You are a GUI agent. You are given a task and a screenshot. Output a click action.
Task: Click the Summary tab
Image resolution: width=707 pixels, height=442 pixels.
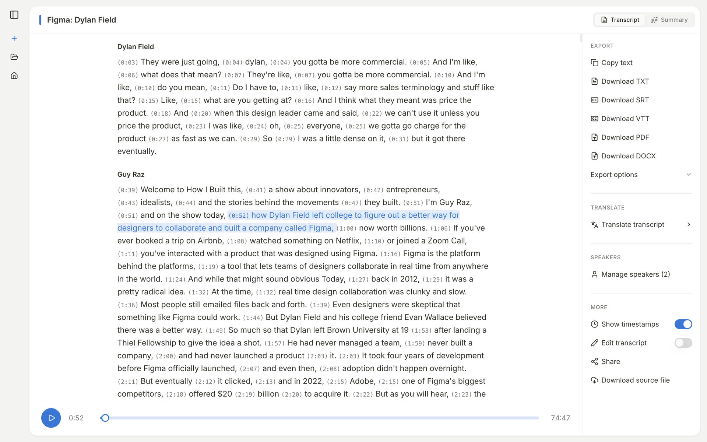click(x=669, y=20)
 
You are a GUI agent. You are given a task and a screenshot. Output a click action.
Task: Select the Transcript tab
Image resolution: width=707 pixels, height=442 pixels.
click(x=620, y=20)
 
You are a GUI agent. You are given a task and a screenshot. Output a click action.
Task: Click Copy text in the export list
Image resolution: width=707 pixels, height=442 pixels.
click(x=616, y=63)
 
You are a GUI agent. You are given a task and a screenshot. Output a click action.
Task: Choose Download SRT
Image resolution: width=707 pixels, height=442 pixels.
click(x=625, y=100)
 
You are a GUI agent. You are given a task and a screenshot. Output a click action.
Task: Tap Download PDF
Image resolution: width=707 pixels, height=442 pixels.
click(x=625, y=137)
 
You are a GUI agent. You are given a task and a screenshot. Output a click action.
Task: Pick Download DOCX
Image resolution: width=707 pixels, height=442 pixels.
click(x=628, y=156)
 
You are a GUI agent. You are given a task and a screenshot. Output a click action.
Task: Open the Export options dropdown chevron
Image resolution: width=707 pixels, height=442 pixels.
click(x=689, y=175)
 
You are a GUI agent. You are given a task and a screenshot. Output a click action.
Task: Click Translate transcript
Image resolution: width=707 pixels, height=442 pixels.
click(x=632, y=224)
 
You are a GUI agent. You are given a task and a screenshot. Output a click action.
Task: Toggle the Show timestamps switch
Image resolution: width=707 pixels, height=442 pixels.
click(x=683, y=324)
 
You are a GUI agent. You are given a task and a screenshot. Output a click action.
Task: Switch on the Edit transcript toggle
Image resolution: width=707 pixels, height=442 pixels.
click(x=683, y=343)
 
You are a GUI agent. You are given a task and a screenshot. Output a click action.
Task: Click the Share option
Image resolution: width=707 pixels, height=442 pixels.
click(x=610, y=361)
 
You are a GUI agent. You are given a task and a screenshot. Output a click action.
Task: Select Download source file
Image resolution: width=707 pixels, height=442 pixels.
click(x=635, y=380)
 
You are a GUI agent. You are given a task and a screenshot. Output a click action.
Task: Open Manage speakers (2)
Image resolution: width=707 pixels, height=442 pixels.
click(x=635, y=274)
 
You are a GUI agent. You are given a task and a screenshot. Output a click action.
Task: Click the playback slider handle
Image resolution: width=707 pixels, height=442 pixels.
click(x=105, y=418)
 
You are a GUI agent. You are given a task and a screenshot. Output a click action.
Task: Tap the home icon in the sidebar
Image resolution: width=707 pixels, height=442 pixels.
click(x=14, y=76)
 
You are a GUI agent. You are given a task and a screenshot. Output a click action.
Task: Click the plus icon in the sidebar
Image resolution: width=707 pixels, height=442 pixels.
click(x=14, y=38)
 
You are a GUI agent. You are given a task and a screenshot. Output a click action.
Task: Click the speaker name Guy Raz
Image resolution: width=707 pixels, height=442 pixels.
click(x=131, y=174)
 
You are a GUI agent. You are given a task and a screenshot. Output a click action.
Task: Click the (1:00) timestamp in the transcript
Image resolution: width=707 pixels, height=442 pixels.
click(x=346, y=228)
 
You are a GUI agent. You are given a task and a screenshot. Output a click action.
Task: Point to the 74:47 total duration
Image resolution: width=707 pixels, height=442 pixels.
click(x=560, y=418)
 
